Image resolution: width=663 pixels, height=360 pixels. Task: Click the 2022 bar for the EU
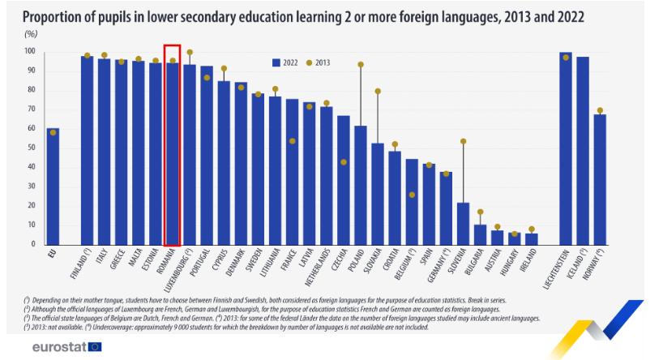click(53, 186)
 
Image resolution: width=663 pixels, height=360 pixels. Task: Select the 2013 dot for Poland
click(361, 64)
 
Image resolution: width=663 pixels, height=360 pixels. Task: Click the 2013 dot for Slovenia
click(464, 142)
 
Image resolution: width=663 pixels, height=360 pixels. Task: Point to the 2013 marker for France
click(293, 141)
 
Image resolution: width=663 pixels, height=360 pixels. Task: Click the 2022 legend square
click(276, 62)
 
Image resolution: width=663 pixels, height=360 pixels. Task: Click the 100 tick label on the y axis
click(31, 51)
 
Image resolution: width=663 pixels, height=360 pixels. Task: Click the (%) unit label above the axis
click(31, 34)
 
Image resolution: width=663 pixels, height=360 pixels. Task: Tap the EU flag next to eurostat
click(95, 346)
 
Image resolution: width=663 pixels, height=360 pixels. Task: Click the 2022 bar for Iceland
click(583, 151)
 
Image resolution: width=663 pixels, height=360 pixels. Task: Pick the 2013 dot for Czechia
click(344, 162)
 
